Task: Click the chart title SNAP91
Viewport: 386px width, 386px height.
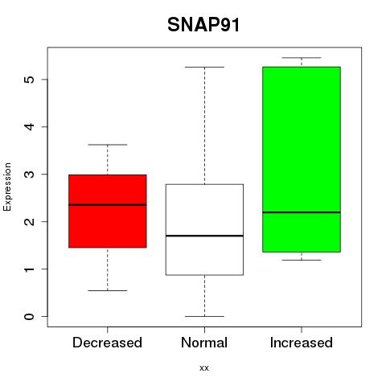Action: [x=203, y=25]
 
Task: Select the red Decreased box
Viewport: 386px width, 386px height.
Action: [x=108, y=211]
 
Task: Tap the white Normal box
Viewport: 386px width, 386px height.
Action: [x=204, y=230]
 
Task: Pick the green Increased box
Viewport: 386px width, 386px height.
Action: [x=302, y=159]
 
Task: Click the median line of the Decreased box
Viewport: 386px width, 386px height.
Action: [x=108, y=205]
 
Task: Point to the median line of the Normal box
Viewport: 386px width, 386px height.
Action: [x=204, y=236]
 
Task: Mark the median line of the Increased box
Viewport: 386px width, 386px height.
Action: [x=302, y=212]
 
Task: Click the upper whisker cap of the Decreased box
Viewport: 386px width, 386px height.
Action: [x=108, y=145]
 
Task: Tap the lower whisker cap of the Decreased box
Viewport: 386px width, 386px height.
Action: [x=108, y=290]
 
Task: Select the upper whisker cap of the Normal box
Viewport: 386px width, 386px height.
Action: [x=204, y=67]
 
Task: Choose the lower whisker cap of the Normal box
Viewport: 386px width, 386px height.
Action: [x=204, y=316]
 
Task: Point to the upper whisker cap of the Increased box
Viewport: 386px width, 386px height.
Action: [x=302, y=58]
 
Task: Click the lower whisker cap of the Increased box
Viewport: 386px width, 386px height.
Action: [x=302, y=260]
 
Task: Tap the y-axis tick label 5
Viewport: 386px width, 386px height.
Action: [x=30, y=80]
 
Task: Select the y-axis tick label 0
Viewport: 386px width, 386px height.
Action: [x=30, y=317]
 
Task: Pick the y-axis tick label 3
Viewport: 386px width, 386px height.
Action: [x=30, y=175]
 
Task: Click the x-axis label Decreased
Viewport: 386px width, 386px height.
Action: [x=107, y=343]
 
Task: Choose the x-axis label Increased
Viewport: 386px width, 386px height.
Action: [x=302, y=343]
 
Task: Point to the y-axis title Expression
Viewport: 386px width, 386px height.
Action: [x=7, y=187]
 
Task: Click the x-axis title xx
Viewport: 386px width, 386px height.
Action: [x=204, y=368]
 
